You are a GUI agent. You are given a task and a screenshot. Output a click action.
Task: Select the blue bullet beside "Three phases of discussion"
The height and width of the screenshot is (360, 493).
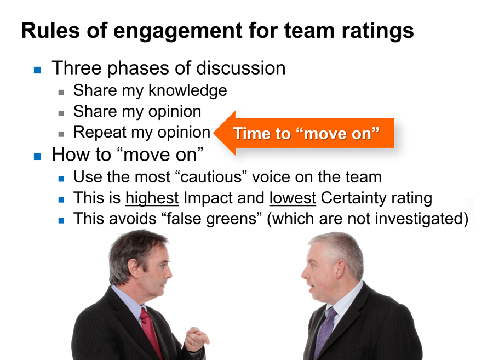[x=37, y=70]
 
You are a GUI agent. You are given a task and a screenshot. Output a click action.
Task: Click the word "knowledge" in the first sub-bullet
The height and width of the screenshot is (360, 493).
[x=187, y=90]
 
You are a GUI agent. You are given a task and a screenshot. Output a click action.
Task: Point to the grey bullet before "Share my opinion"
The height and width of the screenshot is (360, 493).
[x=62, y=113]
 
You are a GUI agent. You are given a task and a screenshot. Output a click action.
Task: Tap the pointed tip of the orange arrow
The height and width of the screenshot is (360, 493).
[x=215, y=133]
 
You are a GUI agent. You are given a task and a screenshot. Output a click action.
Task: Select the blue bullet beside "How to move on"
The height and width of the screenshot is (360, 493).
[x=37, y=156]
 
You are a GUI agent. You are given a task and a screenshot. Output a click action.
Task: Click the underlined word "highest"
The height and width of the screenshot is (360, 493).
[x=152, y=198]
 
